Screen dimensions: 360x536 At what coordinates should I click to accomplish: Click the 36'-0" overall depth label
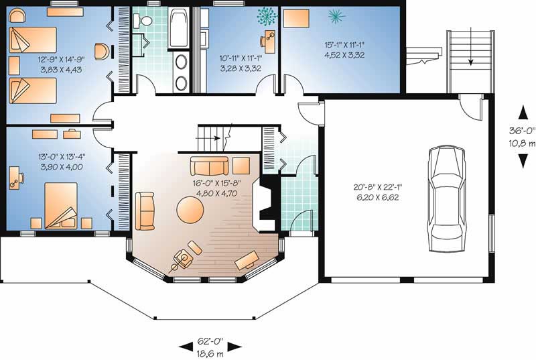click(x=521, y=137)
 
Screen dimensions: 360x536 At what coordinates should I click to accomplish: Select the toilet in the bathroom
click(x=144, y=21)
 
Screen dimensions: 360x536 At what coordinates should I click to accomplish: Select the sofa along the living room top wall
click(x=210, y=166)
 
